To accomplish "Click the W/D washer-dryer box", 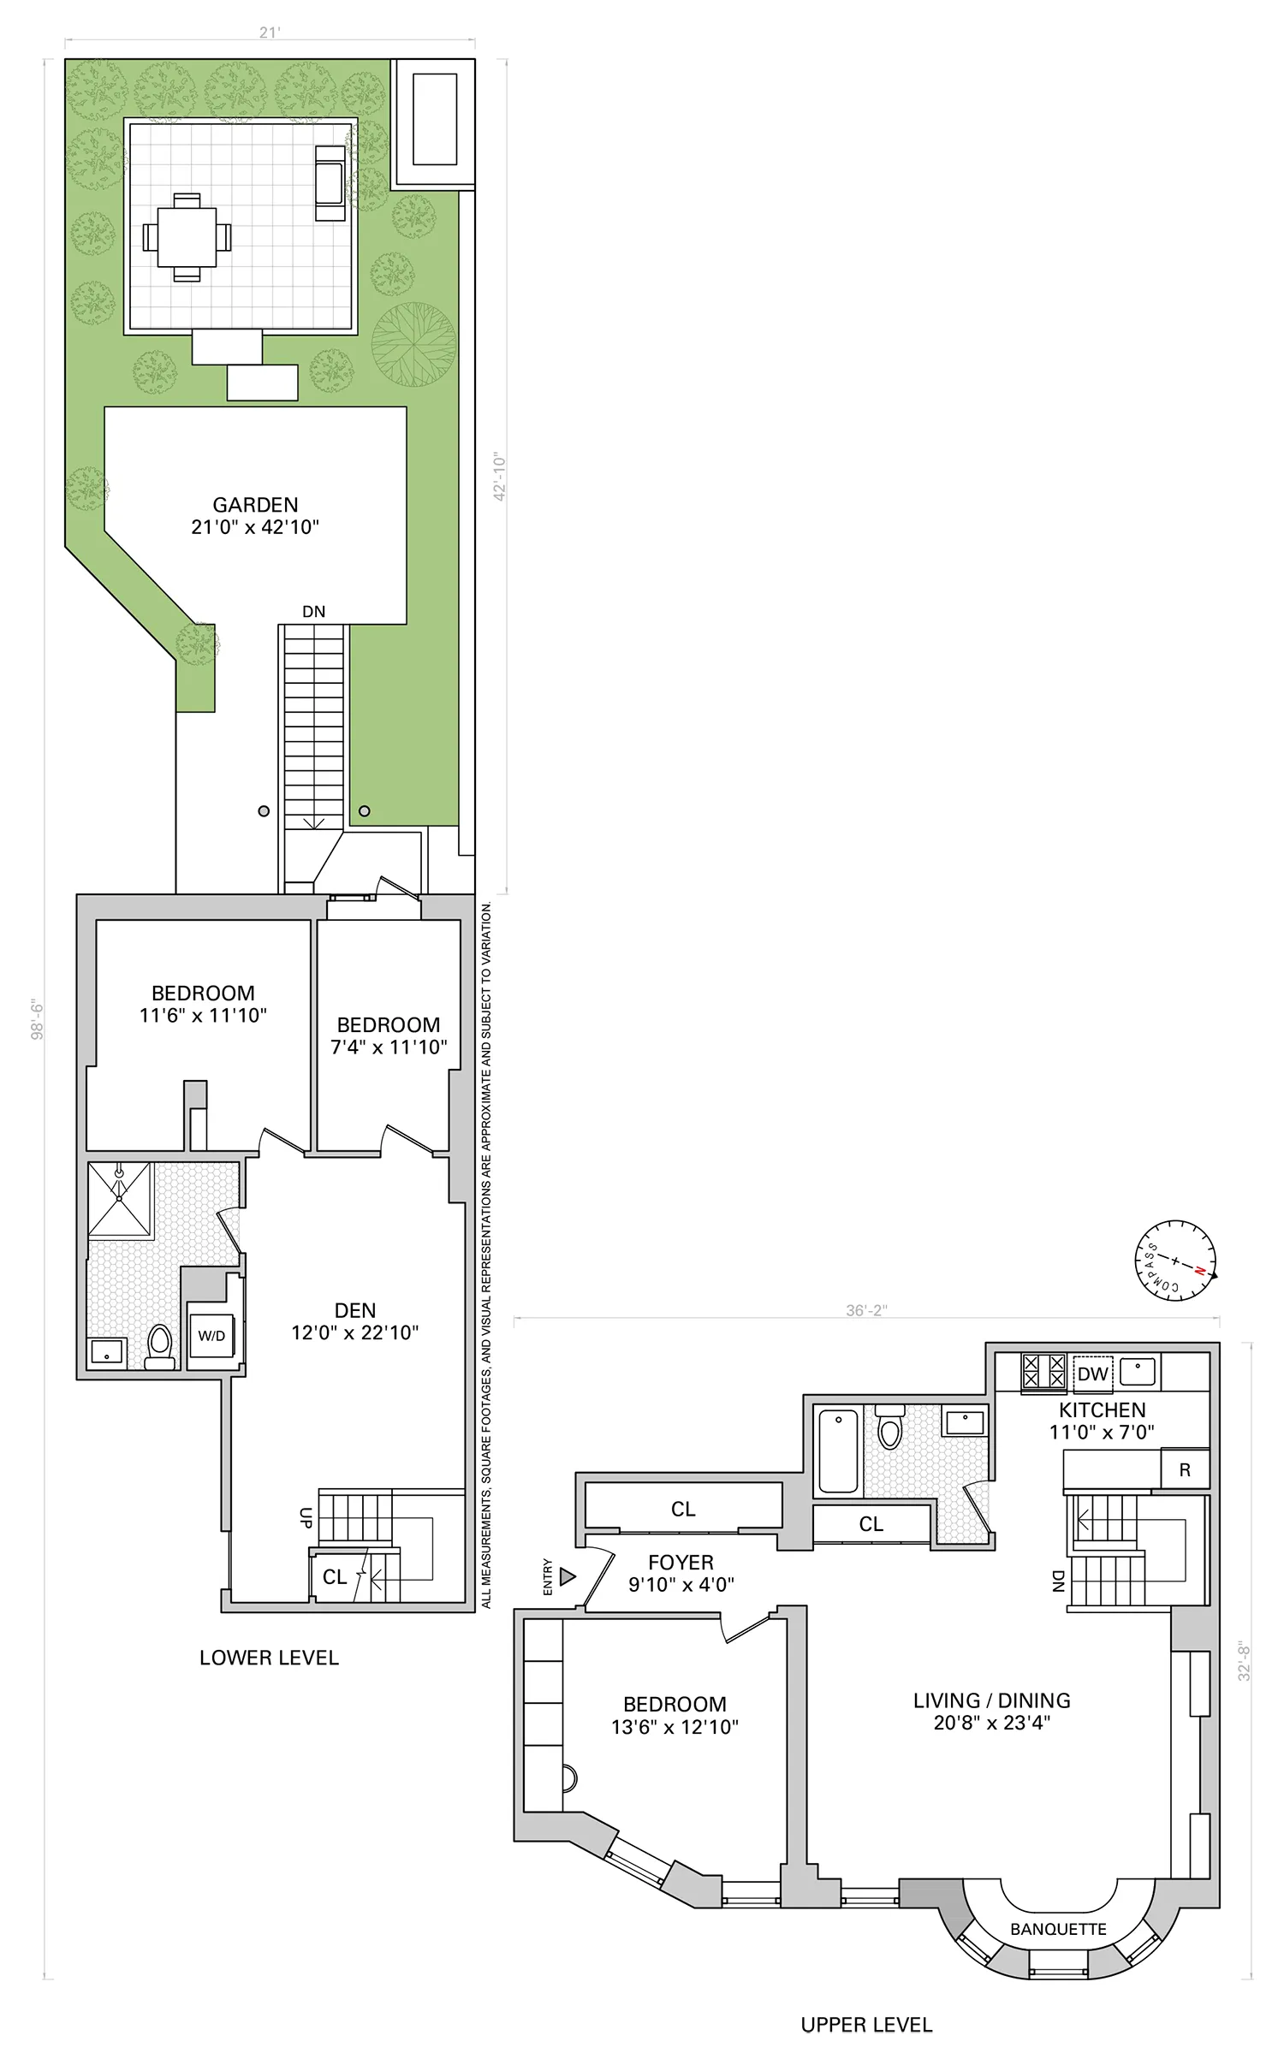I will click(x=211, y=1336).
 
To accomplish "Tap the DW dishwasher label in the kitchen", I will click(x=1092, y=1374).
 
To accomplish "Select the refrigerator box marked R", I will click(x=1185, y=1470).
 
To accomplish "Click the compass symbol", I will click(x=1175, y=1261).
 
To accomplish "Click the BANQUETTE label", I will click(x=1058, y=1929).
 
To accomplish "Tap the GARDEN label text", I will click(x=255, y=505).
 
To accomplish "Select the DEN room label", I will click(x=355, y=1310).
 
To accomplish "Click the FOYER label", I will click(x=681, y=1563).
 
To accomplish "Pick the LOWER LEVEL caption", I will click(x=269, y=1658).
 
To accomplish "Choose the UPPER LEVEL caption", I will click(x=866, y=2025).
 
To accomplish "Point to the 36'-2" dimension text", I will click(x=866, y=1310).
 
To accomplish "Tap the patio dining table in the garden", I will click(x=187, y=237).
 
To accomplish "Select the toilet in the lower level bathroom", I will click(x=159, y=1346).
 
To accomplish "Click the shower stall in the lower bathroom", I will click(x=120, y=1199).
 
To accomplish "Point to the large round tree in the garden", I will click(x=413, y=344).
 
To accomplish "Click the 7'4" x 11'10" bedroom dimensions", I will click(x=389, y=1047).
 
